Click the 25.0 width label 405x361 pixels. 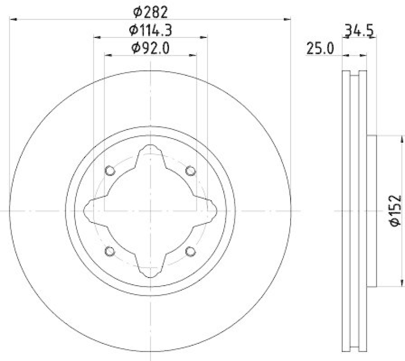pyautogui.click(x=320, y=49)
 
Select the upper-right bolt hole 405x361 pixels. pyautogui.click(x=190, y=170)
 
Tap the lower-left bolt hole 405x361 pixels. pyautogui.click(x=110, y=250)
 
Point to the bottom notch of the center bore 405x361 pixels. pyautogui.click(x=150, y=272)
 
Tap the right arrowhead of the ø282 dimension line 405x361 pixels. pyautogui.click(x=288, y=19)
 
